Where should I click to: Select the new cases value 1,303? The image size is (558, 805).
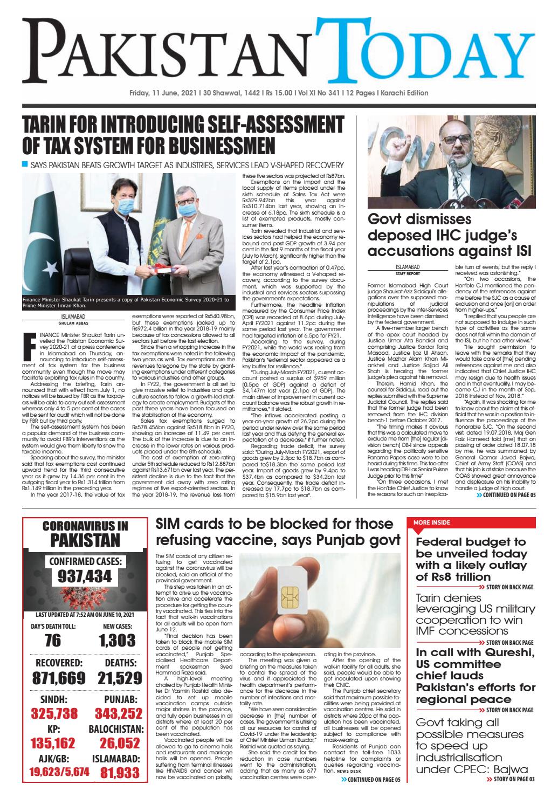tap(117, 640)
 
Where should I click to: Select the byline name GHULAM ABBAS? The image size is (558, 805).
tap(73, 324)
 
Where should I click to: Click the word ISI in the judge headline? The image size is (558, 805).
tap(520, 251)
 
